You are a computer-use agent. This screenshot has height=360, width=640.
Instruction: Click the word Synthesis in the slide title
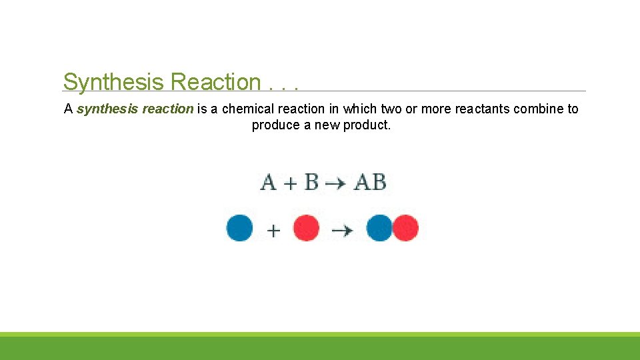tap(114, 83)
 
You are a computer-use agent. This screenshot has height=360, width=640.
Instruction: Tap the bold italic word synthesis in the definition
tap(107, 109)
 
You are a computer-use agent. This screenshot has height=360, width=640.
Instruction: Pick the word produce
tap(276, 125)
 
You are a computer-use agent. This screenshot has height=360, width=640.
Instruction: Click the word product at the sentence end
tap(367, 125)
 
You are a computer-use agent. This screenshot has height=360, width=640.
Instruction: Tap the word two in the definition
tap(391, 109)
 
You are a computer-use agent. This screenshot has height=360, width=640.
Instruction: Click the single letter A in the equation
tap(269, 182)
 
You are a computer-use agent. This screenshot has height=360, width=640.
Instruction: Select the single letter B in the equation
tap(311, 182)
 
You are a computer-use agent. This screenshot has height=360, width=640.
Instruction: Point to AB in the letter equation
tap(370, 182)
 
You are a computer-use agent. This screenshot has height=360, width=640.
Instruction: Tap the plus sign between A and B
tap(290, 183)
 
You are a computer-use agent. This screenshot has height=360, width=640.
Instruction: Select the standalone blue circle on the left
tap(240, 228)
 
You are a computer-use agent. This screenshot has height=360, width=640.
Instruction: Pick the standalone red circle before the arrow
tap(306, 228)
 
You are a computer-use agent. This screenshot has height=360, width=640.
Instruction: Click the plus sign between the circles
tap(273, 231)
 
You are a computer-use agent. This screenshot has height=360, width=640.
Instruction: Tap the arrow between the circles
tap(343, 230)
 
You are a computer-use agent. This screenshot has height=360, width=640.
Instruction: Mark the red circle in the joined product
tap(405, 228)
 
